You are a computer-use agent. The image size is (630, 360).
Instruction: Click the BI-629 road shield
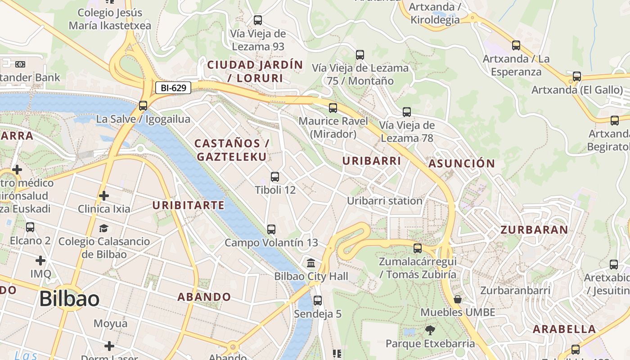(x=173, y=88)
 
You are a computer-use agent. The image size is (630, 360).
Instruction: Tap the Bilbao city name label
(x=69, y=299)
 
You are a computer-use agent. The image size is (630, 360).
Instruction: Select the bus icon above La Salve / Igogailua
(x=143, y=106)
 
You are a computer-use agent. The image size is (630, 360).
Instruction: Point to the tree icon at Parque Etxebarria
(x=430, y=330)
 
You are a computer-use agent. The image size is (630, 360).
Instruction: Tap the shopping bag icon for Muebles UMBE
(x=458, y=299)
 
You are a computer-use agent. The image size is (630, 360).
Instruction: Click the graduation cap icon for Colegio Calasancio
(x=104, y=228)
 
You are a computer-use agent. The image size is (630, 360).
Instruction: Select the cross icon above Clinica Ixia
(x=104, y=196)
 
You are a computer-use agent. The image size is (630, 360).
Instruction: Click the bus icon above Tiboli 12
(x=275, y=177)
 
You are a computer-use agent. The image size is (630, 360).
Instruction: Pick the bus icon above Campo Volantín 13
(x=271, y=229)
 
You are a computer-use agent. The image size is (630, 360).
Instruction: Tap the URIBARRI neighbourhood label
(x=372, y=161)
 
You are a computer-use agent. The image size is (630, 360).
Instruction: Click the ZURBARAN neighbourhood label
(x=534, y=230)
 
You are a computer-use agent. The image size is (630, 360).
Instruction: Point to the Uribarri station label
(x=385, y=201)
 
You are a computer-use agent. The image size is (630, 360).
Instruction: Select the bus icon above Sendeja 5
(x=318, y=300)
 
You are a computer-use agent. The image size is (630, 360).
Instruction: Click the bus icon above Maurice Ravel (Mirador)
(x=333, y=108)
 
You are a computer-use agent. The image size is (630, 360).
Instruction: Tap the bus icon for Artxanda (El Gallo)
(x=577, y=76)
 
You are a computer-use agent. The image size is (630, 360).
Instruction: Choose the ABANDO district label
(x=204, y=297)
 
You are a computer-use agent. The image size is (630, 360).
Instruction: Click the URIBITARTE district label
(x=188, y=206)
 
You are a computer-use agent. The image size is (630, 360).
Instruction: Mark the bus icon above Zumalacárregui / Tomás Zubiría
(x=418, y=248)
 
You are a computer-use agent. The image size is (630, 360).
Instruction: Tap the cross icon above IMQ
(x=40, y=261)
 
